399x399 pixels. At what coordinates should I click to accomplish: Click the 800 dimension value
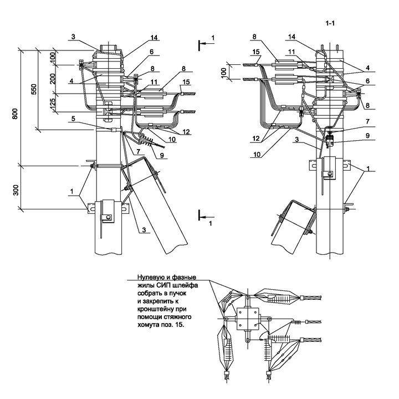click(x=15, y=114)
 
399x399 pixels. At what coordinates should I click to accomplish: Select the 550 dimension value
click(x=34, y=89)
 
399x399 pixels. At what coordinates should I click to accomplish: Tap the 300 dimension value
click(x=16, y=190)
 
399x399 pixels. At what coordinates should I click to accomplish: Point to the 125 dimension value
click(x=53, y=104)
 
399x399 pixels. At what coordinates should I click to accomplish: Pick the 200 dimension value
click(x=53, y=79)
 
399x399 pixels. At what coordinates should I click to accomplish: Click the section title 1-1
click(x=330, y=23)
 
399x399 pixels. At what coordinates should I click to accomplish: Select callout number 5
click(x=73, y=119)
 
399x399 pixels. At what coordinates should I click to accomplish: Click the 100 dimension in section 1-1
click(x=224, y=73)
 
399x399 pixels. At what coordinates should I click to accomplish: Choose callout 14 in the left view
click(x=154, y=38)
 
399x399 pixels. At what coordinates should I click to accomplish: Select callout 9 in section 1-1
click(x=367, y=136)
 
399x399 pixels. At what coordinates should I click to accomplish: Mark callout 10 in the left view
click(x=172, y=140)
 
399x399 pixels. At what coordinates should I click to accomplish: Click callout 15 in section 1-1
click(x=255, y=52)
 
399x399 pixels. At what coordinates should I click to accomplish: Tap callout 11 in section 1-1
click(x=291, y=52)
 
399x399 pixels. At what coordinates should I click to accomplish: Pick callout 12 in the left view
click(x=186, y=131)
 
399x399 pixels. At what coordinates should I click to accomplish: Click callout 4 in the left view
click(x=71, y=81)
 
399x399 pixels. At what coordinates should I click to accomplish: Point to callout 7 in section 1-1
click(x=367, y=122)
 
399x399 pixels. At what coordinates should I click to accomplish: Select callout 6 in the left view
click(x=152, y=52)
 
